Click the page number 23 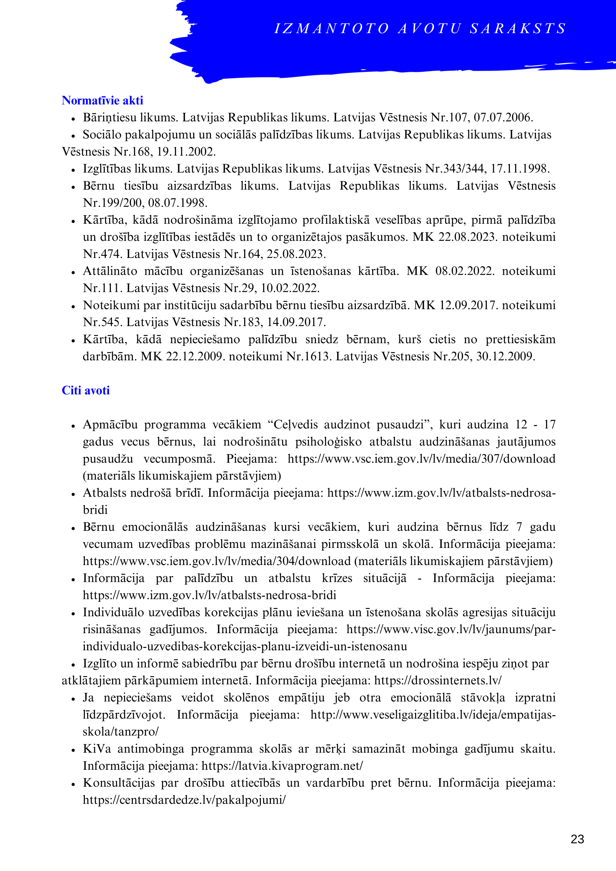coord(577,839)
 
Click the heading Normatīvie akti coord(102,100)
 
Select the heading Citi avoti coord(86,390)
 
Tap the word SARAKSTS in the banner coord(518,29)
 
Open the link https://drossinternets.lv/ coord(438,680)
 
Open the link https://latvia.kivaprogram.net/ coord(282,766)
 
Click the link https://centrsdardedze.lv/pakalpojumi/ coord(184,800)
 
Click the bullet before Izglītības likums coord(73,170)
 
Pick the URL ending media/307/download coord(421,459)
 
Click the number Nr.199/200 coord(113,203)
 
